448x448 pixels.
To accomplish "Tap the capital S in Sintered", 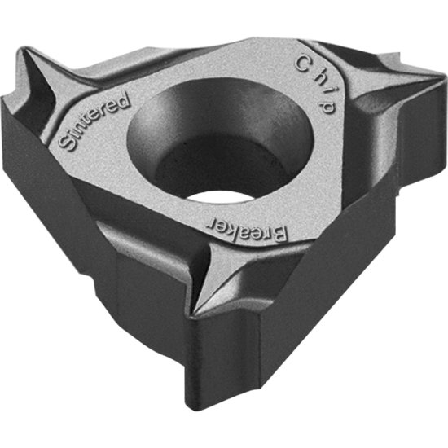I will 66,146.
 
